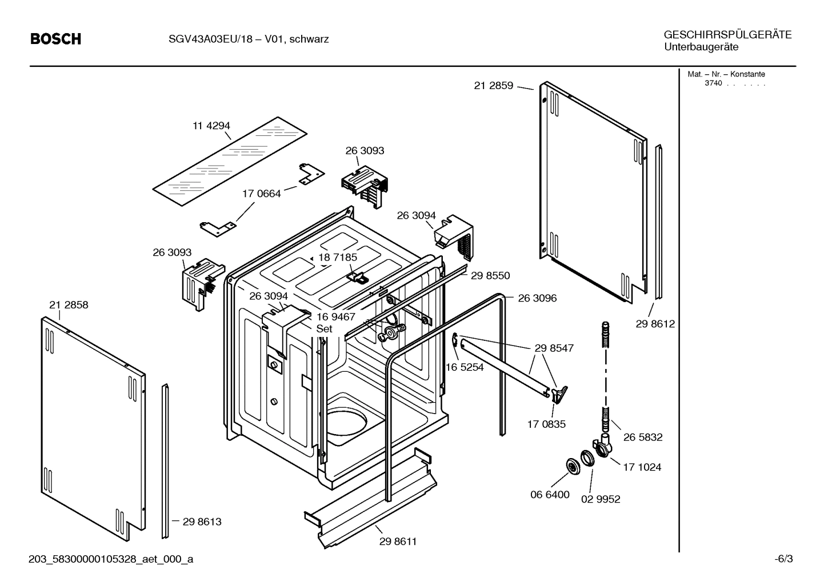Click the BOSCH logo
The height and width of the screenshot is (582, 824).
pos(55,39)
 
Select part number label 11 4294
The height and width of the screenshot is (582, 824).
pos(211,126)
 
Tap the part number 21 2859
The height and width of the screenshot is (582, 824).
pos(494,86)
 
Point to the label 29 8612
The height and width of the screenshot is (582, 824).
pos(655,324)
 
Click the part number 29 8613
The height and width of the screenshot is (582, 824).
pos(202,521)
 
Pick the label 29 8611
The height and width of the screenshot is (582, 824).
pos(398,541)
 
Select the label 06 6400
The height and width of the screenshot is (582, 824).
pos(550,494)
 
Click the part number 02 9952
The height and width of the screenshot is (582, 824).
pos(601,499)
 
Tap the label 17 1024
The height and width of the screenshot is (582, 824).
pos(642,467)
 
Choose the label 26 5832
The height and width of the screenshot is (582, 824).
pos(643,437)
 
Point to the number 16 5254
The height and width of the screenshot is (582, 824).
pos(464,367)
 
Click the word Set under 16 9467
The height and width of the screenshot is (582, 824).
pos(324,329)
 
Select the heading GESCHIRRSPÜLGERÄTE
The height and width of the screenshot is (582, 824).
pos(727,34)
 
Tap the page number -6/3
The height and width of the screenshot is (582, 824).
pos(783,559)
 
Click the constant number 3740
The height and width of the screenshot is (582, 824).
pos(713,83)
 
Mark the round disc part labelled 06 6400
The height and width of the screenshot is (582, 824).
pos(571,466)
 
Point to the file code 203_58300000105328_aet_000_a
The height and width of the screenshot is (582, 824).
pos(111,559)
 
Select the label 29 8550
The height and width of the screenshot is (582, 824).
pos(490,275)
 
